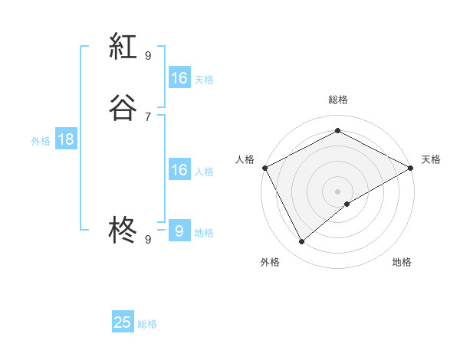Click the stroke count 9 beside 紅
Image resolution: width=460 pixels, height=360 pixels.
tap(148, 55)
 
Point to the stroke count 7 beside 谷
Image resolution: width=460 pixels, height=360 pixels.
tap(148, 116)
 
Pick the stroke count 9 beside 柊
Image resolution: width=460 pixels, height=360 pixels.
tap(148, 239)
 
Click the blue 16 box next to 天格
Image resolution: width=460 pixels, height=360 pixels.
tap(179, 78)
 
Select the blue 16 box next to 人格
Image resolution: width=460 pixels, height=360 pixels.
tap(179, 170)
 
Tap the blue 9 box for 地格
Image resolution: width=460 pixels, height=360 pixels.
tap(179, 231)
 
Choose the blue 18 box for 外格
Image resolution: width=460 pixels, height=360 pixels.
tap(66, 139)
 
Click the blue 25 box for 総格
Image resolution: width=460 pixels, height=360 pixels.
tap(123, 322)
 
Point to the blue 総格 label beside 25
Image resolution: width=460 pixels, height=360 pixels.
tap(148, 324)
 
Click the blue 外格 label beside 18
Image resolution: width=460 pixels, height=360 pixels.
tap(41, 141)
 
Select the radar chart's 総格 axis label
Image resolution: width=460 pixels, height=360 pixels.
tap(338, 100)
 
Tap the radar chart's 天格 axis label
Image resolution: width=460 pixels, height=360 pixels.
tap(432, 159)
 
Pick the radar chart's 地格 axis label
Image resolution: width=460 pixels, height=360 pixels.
tap(402, 263)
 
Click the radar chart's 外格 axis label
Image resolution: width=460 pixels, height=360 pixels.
tap(270, 263)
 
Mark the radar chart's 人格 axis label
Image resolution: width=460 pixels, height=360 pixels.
tap(245, 159)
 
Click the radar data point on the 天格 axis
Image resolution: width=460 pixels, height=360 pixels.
tap(412, 168)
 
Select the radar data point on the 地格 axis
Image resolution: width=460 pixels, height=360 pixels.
tap(347, 204)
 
